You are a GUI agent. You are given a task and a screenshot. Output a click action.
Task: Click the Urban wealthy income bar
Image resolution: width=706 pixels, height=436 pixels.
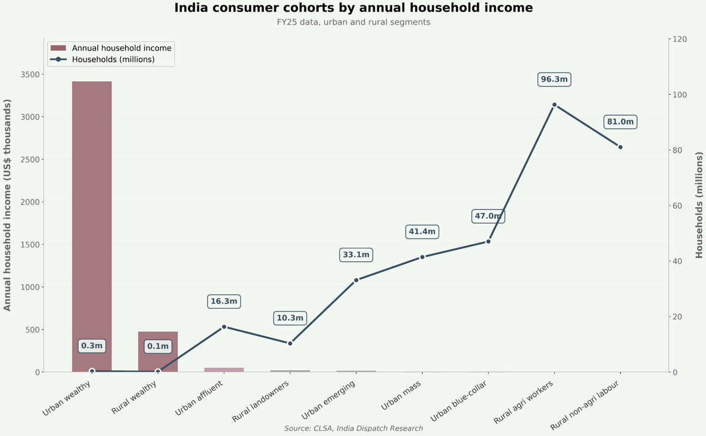click(x=92, y=227)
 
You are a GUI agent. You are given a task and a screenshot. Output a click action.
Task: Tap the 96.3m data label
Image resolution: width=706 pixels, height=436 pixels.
click(x=554, y=79)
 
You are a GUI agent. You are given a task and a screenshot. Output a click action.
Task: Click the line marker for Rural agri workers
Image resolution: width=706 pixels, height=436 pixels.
click(x=554, y=105)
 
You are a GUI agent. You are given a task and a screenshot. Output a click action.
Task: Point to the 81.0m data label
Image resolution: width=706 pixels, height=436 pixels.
click(x=620, y=122)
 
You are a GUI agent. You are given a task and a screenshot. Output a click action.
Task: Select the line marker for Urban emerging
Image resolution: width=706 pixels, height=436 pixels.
click(x=356, y=280)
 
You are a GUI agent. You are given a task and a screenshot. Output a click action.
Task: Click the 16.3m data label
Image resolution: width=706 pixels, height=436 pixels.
click(x=224, y=301)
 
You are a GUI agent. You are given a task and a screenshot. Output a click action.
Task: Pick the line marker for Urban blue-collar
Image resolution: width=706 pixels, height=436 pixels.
click(x=488, y=241)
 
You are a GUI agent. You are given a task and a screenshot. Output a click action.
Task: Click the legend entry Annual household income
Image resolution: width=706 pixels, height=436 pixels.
click(x=121, y=48)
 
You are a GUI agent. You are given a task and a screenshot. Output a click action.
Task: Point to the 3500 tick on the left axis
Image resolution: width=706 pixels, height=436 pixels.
click(x=31, y=74)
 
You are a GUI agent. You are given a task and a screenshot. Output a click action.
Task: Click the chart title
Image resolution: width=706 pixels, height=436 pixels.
click(x=353, y=8)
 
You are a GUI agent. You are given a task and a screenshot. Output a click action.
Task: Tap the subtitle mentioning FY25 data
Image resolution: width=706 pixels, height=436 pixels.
click(x=353, y=22)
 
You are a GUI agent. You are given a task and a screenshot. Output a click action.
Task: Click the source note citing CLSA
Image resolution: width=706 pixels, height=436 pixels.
click(x=353, y=428)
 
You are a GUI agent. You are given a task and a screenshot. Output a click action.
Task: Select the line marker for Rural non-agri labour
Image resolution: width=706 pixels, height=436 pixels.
click(x=620, y=147)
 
